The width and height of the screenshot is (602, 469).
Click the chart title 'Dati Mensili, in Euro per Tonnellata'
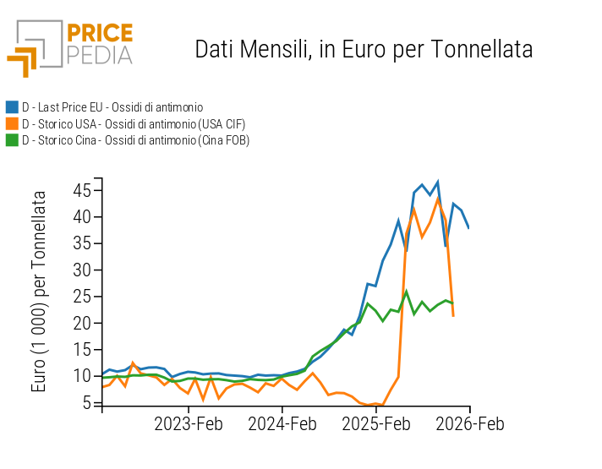point(364,49)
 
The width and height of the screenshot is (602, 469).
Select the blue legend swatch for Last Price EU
point(12,107)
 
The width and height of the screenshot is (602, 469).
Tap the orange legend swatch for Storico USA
point(12,123)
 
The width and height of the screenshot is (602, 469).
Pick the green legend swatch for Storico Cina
point(12,140)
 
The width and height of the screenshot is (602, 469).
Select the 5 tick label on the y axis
point(85,403)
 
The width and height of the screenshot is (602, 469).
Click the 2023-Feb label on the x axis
point(188,423)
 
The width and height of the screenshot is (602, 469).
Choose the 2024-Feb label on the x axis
point(283,423)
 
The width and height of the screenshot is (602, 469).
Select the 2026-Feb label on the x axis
point(469,423)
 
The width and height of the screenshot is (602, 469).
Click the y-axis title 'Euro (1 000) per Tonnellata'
point(39,292)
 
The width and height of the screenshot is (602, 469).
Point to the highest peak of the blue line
point(437,182)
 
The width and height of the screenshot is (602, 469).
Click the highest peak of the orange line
point(438,199)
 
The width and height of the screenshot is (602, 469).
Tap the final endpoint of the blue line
point(468,227)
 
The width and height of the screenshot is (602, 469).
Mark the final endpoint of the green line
point(453,303)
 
